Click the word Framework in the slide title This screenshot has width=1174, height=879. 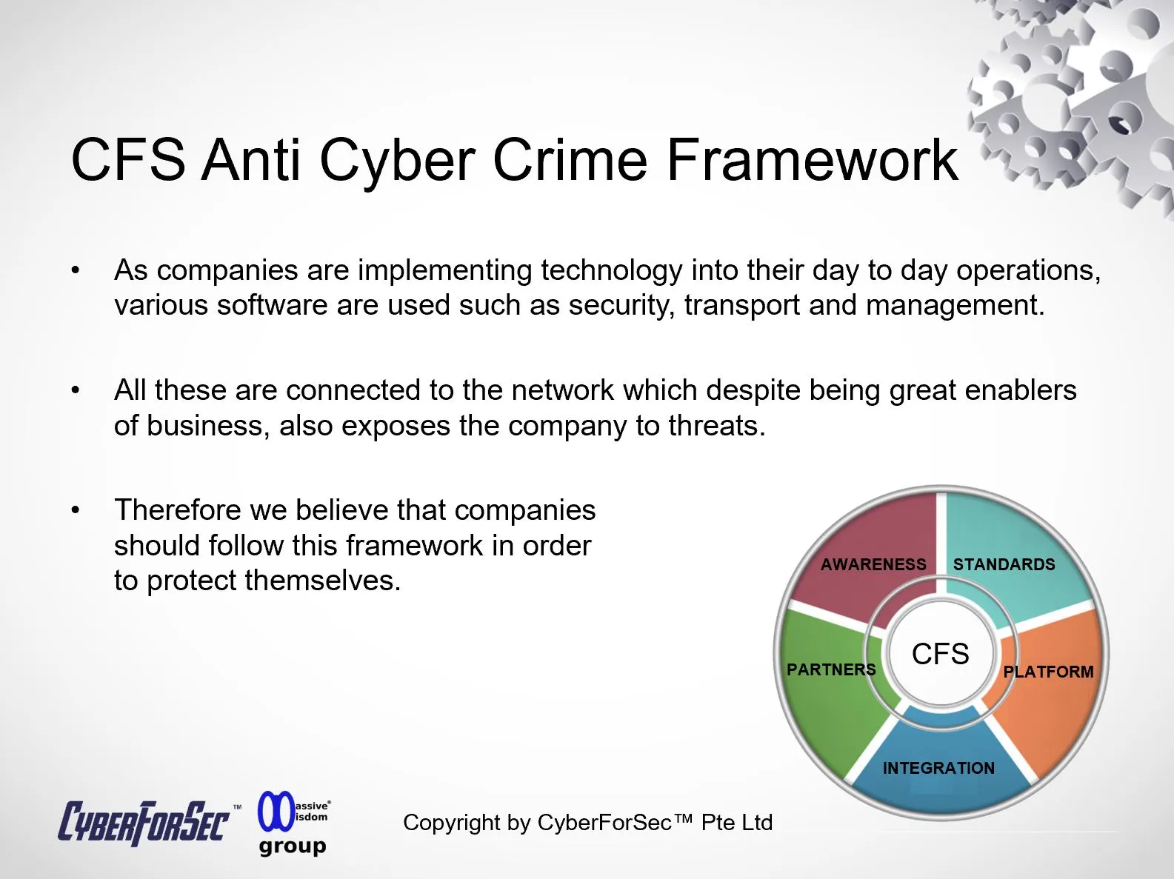tap(812, 159)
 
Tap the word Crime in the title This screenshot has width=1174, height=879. tap(570, 159)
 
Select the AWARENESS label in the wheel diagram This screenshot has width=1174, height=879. tap(873, 564)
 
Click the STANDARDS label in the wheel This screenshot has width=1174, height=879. tap(1004, 564)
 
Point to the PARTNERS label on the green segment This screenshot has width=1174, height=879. tap(831, 669)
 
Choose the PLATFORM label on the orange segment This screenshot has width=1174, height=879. tap(1048, 672)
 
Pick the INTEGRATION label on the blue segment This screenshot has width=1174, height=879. tap(938, 768)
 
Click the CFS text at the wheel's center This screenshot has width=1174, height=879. tap(940, 654)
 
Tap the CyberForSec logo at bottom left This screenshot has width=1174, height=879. tap(144, 822)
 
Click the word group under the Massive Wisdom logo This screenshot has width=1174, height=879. tap(293, 846)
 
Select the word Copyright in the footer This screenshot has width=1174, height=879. tap(451, 823)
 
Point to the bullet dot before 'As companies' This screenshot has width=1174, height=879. tap(76, 270)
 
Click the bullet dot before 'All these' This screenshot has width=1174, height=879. tap(76, 390)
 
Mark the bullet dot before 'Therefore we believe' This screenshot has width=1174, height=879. tap(76, 510)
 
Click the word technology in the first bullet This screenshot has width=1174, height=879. tap(612, 270)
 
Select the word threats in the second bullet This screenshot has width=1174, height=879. tap(717, 426)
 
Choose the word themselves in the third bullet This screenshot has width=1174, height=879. tap(323, 581)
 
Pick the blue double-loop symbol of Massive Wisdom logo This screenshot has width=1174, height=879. tap(276, 811)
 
